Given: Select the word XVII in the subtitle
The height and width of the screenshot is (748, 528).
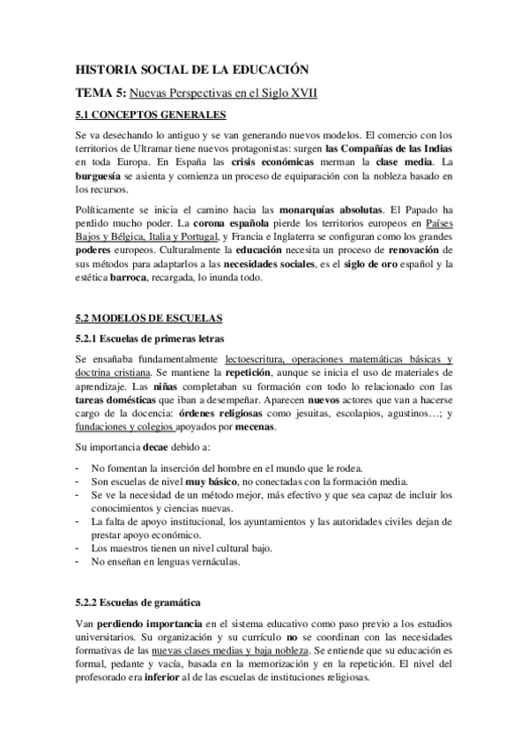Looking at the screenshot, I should [x=301, y=92].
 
